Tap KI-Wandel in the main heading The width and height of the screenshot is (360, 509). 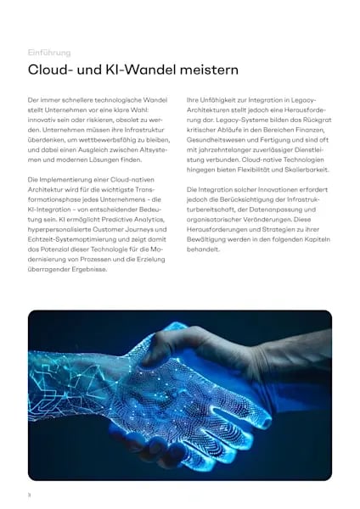click(x=123, y=70)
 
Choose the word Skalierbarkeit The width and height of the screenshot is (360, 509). click(x=302, y=171)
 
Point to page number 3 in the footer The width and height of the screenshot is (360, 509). click(x=30, y=493)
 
